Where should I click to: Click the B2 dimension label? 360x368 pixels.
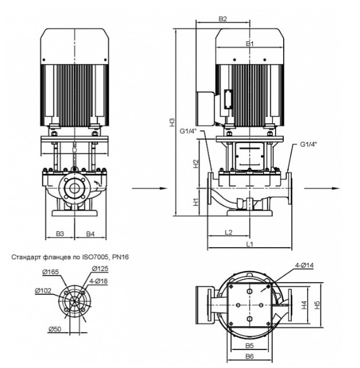pos(223,19)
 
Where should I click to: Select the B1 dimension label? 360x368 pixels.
pos(250,44)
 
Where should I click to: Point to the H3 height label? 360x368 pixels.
pos(172,122)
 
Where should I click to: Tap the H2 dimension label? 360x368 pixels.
pos(195,164)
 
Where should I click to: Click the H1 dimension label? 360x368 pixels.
pos(195,202)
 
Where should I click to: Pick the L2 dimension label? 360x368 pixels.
pos(229,233)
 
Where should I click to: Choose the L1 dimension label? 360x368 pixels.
pos(249,244)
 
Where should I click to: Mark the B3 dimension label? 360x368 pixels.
pos(60,234)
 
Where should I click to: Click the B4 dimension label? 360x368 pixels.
pos(90,234)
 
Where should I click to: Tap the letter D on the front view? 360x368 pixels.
pos(74,150)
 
